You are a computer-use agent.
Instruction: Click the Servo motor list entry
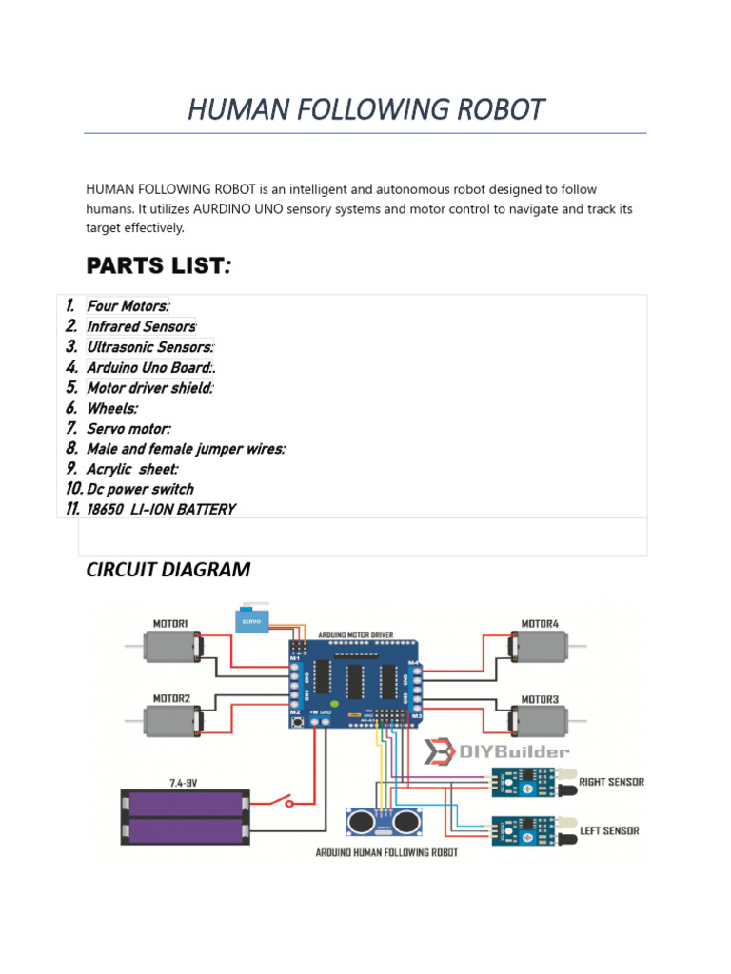[x=128, y=429]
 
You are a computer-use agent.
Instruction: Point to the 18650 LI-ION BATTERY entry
[x=161, y=510]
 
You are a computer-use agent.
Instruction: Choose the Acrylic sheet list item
[x=132, y=469]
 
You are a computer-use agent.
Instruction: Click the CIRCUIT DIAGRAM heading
[x=168, y=570]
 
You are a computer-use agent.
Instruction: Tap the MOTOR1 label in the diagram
[x=170, y=624]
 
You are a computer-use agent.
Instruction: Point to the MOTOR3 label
[x=540, y=699]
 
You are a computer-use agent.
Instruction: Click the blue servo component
[x=251, y=620]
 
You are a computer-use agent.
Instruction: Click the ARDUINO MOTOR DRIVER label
[x=356, y=634]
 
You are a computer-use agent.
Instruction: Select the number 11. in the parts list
[x=72, y=509]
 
